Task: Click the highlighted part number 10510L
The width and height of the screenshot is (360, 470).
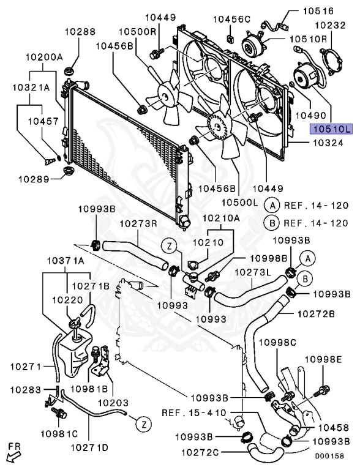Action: pos(331,129)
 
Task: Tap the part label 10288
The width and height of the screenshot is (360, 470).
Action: pos(80,31)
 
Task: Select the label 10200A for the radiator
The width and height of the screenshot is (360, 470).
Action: pos(44,57)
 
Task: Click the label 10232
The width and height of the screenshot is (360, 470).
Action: pos(330,25)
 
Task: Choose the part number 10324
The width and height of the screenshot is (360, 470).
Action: pos(328,143)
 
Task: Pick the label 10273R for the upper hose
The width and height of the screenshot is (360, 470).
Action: pos(138,223)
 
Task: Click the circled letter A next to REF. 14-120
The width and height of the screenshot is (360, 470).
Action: pos(272,206)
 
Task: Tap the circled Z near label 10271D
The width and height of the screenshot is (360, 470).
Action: pos(144,425)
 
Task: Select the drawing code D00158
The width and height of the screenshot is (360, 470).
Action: pos(329,456)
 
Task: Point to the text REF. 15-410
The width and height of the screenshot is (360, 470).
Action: pos(194,413)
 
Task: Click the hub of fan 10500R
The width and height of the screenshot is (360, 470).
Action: pos(165,96)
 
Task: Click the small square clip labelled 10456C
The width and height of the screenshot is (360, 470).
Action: pos(231,38)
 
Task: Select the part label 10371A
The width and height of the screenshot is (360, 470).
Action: pos(66,261)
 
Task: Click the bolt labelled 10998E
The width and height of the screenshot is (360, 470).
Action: pos(321,390)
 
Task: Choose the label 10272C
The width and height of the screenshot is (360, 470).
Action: pos(200,452)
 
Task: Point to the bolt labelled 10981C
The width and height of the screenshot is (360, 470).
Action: pos(60,413)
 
